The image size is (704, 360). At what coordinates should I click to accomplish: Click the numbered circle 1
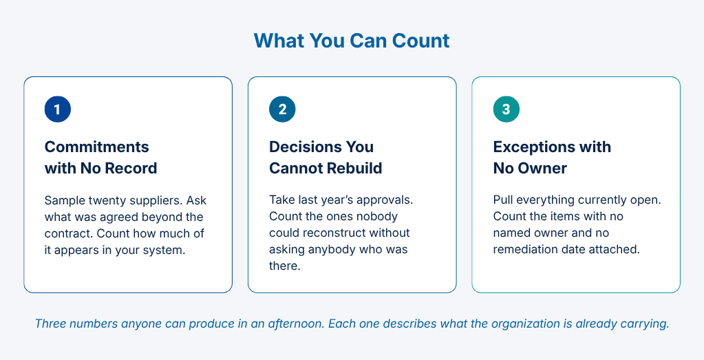pos(58,109)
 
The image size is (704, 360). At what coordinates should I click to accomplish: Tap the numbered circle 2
pos(282,109)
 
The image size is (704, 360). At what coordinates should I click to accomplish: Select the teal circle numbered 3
pos(506,109)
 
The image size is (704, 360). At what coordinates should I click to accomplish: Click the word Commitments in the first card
pos(96,147)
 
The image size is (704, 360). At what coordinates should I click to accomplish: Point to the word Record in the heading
pos(131,169)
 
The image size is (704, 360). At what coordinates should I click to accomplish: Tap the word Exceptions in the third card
pos(531,147)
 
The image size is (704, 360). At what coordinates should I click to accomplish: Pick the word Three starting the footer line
pos(51,324)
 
